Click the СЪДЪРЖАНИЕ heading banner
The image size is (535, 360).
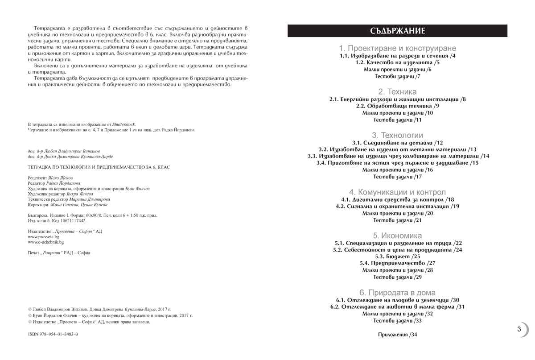pyautogui.click(x=397, y=31)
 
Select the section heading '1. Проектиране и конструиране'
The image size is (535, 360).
pyautogui.click(x=397, y=48)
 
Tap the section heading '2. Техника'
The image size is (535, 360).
pyautogui.click(x=397, y=91)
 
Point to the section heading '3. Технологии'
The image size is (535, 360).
pyautogui.click(x=397, y=135)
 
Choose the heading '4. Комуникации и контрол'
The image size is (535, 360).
pyautogui.click(x=397, y=192)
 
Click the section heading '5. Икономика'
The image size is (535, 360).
pyautogui.click(x=397, y=236)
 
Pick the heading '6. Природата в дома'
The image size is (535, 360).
pyautogui.click(x=397, y=293)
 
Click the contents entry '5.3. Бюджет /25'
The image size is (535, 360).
pyautogui.click(x=397, y=257)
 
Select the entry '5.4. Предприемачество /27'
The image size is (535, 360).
pyautogui.click(x=397, y=264)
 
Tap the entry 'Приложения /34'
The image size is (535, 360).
pyautogui.click(x=397, y=335)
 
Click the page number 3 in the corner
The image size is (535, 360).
pyautogui.click(x=519, y=330)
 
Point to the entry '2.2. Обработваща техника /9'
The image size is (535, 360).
pyautogui.click(x=397, y=106)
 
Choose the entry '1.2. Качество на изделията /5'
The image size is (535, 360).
pyautogui.click(x=397, y=63)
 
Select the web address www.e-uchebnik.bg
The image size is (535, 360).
pyautogui.click(x=45, y=242)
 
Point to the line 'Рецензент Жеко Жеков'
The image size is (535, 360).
pyautogui.click(x=50, y=178)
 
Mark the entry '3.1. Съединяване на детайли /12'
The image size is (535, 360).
pyautogui.click(x=397, y=143)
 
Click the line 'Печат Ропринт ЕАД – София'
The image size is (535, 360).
pyautogui.click(x=59, y=253)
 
